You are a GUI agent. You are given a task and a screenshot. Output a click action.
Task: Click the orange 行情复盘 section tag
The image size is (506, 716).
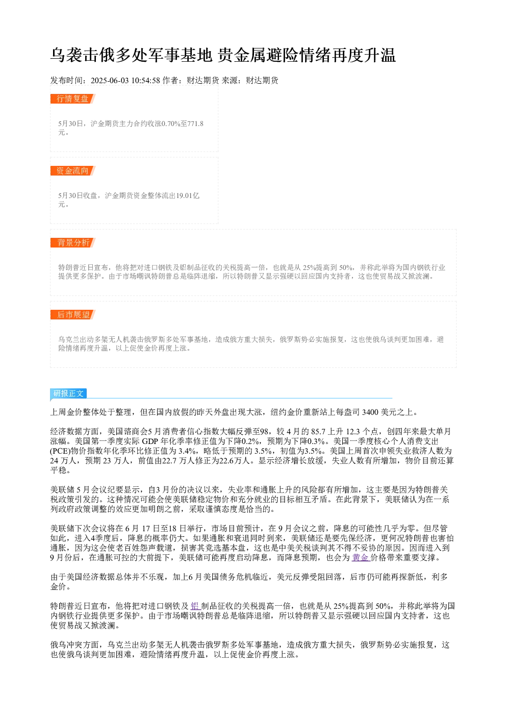click(x=73, y=99)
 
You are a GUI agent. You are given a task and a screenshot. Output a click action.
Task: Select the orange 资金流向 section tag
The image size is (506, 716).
click(x=73, y=170)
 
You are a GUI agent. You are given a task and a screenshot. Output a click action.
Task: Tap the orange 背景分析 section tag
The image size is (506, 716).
click(x=73, y=242)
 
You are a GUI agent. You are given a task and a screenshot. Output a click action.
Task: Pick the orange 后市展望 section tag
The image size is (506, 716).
click(x=73, y=314)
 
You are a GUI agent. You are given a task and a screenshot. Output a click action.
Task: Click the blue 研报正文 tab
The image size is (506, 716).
click(x=68, y=393)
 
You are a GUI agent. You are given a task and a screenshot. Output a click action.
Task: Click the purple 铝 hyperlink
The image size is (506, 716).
click(x=195, y=606)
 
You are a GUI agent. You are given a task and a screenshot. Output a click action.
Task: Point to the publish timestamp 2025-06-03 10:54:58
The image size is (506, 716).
click(x=125, y=81)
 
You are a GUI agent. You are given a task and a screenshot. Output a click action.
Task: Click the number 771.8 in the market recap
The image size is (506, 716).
click(x=195, y=124)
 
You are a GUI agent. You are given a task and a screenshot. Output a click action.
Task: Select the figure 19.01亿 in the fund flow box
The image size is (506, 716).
click(x=188, y=195)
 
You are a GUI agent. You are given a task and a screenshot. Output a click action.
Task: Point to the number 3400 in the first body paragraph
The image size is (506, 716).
click(x=370, y=412)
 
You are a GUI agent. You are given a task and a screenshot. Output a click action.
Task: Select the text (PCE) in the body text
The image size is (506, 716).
click(x=60, y=451)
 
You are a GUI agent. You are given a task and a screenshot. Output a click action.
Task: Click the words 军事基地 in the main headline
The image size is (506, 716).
click(x=181, y=55)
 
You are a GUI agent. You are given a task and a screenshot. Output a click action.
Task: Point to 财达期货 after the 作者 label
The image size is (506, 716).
click(x=203, y=81)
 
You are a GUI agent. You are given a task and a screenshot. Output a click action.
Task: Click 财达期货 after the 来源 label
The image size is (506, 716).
click(x=262, y=81)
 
